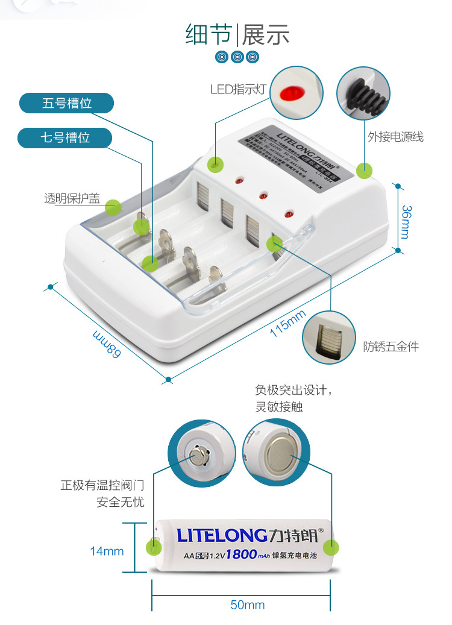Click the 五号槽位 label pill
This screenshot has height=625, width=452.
[66, 103]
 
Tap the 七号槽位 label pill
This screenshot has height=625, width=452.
[65, 137]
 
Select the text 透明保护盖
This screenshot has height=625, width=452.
[72, 198]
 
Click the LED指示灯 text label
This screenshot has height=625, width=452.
[238, 90]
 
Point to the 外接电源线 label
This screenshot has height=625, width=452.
[395, 137]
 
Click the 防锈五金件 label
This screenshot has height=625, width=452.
[391, 346]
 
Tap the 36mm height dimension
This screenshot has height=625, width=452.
[406, 222]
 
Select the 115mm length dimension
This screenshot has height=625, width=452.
[287, 323]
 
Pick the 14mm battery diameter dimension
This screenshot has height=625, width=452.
[107, 551]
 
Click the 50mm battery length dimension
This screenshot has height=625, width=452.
[247, 605]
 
